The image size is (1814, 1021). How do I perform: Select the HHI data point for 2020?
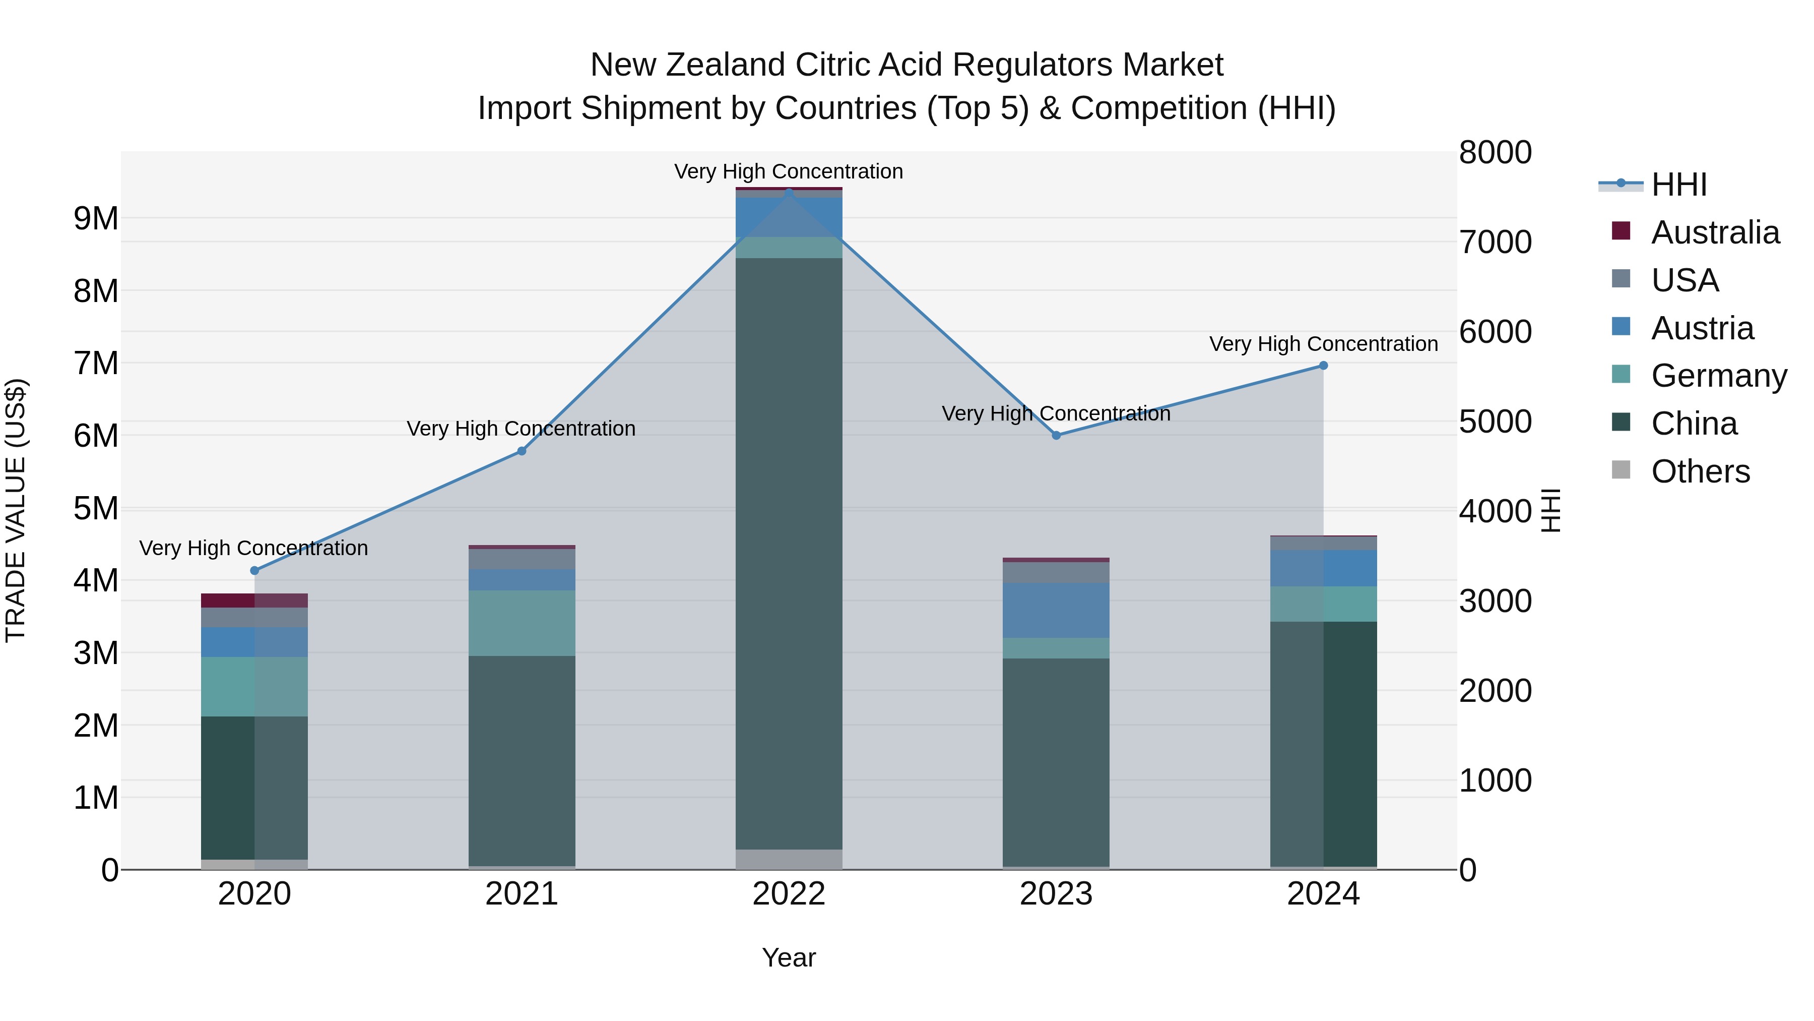tap(255, 571)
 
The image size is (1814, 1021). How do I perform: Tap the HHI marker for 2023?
tap(1056, 436)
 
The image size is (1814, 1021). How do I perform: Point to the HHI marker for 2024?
tap(1323, 366)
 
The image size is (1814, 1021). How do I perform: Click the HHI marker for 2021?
tap(522, 451)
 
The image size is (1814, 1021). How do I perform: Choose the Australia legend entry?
tap(1714, 232)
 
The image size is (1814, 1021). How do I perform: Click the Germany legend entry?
tap(1718, 376)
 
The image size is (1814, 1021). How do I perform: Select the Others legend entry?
tap(1700, 471)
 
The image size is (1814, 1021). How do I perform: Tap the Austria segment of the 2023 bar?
tap(1056, 610)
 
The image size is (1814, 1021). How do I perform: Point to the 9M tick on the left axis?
tap(96, 218)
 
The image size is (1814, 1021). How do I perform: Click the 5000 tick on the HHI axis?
tap(1495, 422)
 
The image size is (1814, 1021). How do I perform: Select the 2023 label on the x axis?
tap(1056, 894)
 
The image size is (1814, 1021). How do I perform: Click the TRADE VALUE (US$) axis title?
tap(16, 510)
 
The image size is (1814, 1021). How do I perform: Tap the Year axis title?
tap(789, 957)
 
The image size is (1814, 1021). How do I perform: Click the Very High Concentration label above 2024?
tap(1323, 344)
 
